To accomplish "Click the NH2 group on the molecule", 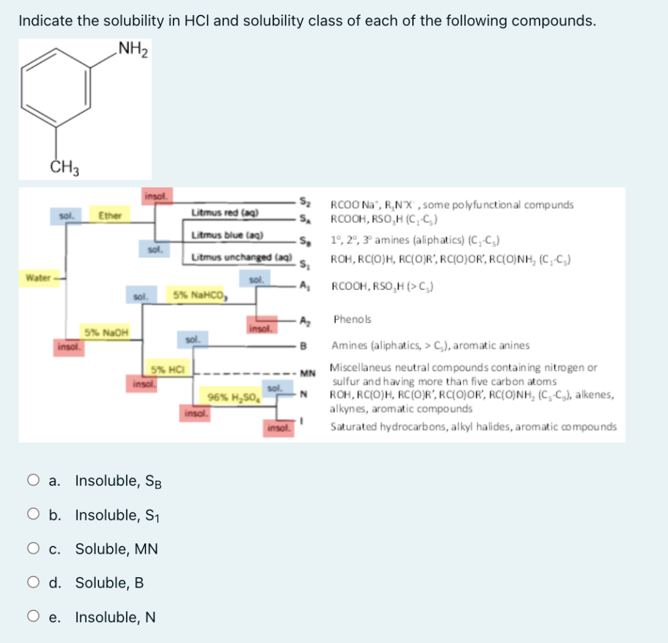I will (132, 50).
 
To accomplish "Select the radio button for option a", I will (33, 481).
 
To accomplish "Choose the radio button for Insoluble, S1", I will (33, 515).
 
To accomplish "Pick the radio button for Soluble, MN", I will (33, 548).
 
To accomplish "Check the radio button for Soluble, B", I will (33, 582).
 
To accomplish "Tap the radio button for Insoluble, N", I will (33, 616).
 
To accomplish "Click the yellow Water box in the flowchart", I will (38, 278).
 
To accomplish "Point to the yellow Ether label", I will (105, 215).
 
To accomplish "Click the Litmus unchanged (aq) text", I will (232, 258).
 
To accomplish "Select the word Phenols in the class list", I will (352, 320).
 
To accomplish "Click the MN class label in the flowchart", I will (307, 373).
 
